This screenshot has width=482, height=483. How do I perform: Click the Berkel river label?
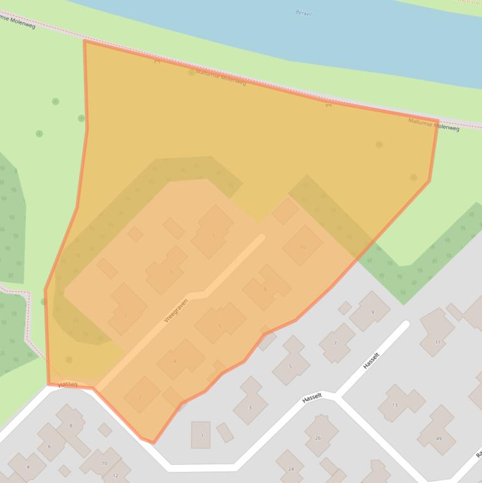(x=303, y=13)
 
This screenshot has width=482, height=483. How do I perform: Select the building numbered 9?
(x=372, y=312)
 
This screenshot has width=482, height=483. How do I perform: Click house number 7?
(x=335, y=343)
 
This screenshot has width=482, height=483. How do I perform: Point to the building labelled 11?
(x=437, y=342)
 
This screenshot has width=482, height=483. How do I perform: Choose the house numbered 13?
(x=395, y=405)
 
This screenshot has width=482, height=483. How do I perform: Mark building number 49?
(x=437, y=438)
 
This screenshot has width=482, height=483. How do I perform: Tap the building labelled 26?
(x=318, y=437)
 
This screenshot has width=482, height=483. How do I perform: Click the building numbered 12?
(x=115, y=475)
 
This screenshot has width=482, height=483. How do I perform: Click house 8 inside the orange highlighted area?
(x=265, y=289)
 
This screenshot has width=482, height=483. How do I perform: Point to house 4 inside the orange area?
(x=174, y=361)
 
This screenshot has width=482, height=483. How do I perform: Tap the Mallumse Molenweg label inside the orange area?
(x=221, y=78)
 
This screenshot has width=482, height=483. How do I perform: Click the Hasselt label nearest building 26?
(x=312, y=397)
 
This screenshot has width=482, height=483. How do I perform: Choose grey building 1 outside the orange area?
(x=201, y=435)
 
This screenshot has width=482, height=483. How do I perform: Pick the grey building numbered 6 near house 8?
(x=49, y=446)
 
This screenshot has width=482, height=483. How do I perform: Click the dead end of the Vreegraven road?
(x=261, y=237)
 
